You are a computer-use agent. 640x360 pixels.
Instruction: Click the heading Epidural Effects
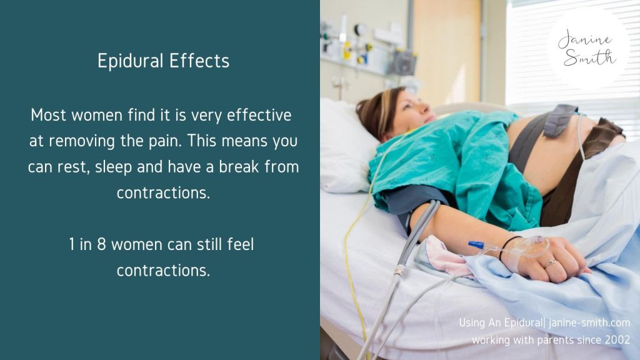pyautogui.click(x=163, y=61)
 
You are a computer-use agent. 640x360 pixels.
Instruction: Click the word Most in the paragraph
pyautogui.click(x=48, y=115)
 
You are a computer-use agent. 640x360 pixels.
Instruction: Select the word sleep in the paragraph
pyautogui.click(x=114, y=167)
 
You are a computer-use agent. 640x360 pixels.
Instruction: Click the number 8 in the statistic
pyautogui.click(x=101, y=244)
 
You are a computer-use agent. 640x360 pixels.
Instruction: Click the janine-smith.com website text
pyautogui.click(x=589, y=322)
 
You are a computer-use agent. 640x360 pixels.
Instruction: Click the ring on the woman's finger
pyautogui.click(x=551, y=262)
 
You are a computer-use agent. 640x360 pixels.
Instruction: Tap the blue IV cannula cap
pyautogui.click(x=476, y=244)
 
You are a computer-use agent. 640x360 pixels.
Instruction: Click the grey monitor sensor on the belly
pyautogui.click(x=561, y=119)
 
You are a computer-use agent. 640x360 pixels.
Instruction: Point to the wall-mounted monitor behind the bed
pyautogui.click(x=403, y=63)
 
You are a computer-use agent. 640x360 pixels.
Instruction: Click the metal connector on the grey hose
pyautogui.click(x=399, y=270)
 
